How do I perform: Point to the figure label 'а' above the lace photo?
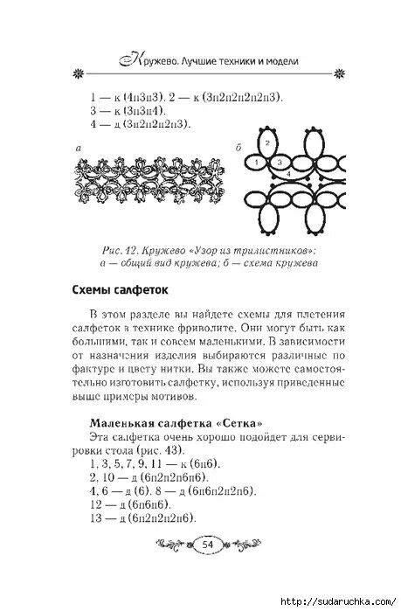tap(80, 149)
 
